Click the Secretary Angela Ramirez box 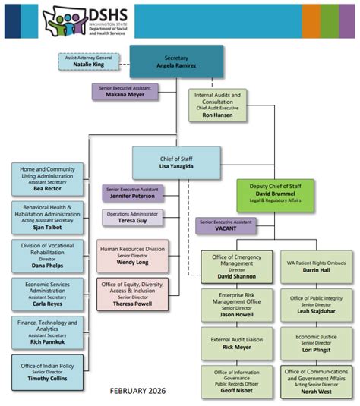176,62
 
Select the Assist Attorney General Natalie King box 88,62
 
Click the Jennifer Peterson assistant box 134,194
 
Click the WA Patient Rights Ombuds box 315,267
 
